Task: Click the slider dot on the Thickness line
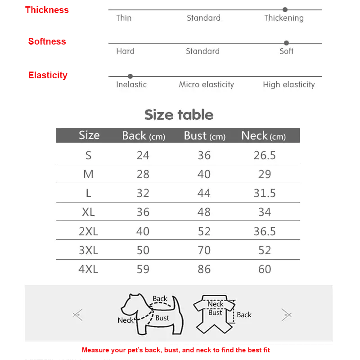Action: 285,9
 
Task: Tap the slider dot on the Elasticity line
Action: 130,76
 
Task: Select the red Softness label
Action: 47,41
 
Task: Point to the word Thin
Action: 124,18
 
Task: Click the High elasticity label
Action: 289,85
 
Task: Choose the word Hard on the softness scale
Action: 125,51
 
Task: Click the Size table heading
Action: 179,115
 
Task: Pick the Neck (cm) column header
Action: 263,135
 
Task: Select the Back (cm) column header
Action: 144,135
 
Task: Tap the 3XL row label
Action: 88,250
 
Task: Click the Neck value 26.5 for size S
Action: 265,155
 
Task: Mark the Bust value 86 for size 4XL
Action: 204,269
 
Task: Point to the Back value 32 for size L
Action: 143,193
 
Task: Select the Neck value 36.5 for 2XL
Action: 265,231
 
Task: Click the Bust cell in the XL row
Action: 204,212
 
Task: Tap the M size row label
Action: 88,174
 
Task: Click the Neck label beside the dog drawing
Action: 126,320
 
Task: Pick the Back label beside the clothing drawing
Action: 244,315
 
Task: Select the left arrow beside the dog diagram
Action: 78,315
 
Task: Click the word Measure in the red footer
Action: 96,350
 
